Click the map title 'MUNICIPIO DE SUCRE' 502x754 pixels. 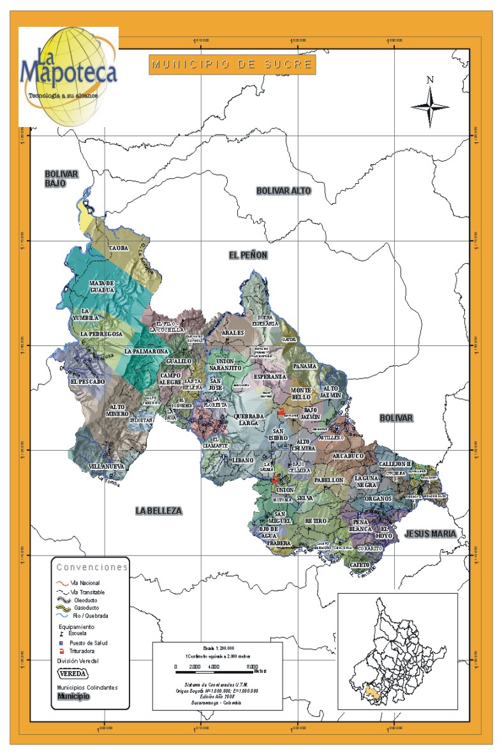[x=232, y=64]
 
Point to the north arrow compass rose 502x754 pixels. [x=430, y=102]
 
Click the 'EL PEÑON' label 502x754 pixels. [x=248, y=255]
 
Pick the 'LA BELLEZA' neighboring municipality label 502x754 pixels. [x=159, y=511]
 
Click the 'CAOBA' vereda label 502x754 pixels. [x=119, y=248]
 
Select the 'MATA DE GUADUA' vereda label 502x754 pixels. [x=101, y=287]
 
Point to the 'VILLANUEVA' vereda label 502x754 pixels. [x=106, y=467]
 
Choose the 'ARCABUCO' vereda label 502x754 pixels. [x=348, y=456]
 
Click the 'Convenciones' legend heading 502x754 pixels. [x=92, y=567]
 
